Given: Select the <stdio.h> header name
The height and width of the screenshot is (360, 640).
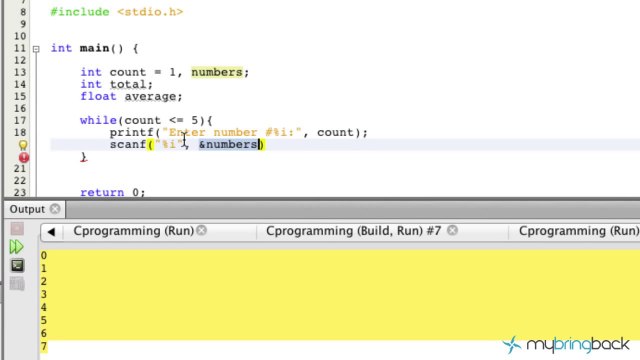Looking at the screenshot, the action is point(150,12).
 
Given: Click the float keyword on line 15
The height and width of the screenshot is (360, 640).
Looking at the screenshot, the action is point(98,97).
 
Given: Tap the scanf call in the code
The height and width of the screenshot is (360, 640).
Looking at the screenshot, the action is point(127,145).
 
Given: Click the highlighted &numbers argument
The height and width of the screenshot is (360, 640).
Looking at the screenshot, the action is point(229,145).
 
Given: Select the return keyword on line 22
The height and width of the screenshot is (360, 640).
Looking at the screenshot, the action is point(101,192).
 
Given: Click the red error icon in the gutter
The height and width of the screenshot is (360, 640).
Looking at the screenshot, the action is point(24,158).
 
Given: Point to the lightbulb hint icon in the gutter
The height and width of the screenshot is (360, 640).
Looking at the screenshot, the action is point(24,146).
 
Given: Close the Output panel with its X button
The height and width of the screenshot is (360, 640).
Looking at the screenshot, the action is point(55,209).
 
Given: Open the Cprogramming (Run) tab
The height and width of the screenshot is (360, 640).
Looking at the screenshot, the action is point(133,231).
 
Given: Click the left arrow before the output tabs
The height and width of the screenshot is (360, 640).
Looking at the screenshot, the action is point(50,232).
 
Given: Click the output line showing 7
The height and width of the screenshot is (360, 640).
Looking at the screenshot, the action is point(43,346).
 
